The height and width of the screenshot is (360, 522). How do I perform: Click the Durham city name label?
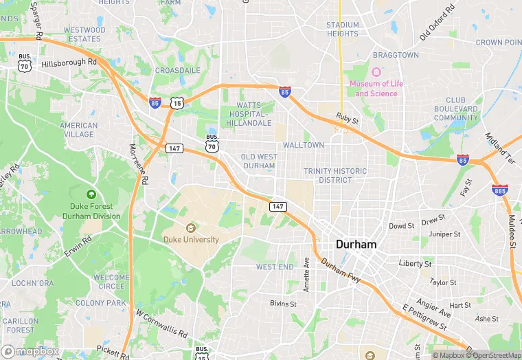356,245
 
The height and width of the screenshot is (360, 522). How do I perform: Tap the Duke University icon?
191,227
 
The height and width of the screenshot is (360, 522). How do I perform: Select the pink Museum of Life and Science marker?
376,72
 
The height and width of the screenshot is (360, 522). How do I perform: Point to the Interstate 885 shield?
499,190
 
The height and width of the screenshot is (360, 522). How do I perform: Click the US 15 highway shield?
177,103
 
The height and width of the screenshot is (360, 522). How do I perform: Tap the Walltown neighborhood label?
303,146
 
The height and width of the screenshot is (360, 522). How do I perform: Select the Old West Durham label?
260,161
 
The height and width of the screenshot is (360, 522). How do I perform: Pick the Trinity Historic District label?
335,176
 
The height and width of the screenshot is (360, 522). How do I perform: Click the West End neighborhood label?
275,267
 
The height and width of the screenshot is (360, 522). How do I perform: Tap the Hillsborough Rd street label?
69,63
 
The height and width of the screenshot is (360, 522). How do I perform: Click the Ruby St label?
348,119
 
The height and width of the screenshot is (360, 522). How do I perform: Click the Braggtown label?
396,55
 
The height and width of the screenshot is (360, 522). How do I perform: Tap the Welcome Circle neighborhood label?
111,282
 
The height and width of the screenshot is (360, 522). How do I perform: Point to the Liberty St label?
415,264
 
